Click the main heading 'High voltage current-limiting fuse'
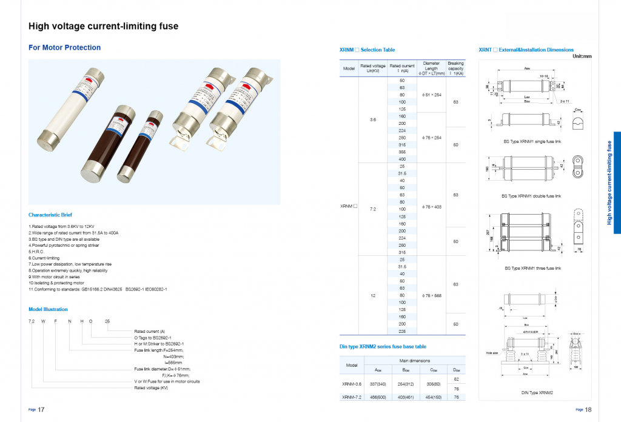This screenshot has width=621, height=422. [x=104, y=27]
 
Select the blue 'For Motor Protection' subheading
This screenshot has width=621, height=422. [x=65, y=47]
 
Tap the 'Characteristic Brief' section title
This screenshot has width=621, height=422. [x=50, y=215]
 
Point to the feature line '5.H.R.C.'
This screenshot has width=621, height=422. [x=37, y=252]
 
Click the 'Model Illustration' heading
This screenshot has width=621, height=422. [x=48, y=309]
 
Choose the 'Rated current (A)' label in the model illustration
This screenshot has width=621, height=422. [x=150, y=331]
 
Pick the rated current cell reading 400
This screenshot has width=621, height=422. [x=401, y=159]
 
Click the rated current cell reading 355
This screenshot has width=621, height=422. [x=401, y=152]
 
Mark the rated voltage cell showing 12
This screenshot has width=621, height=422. [x=373, y=295]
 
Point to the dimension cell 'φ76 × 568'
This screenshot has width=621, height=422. [x=431, y=295]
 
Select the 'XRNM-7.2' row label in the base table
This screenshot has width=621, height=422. [x=352, y=397]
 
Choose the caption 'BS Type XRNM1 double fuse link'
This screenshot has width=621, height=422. [x=531, y=196]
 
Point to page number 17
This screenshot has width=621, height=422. [x=41, y=410]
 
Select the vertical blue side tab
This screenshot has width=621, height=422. [x=616, y=183]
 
